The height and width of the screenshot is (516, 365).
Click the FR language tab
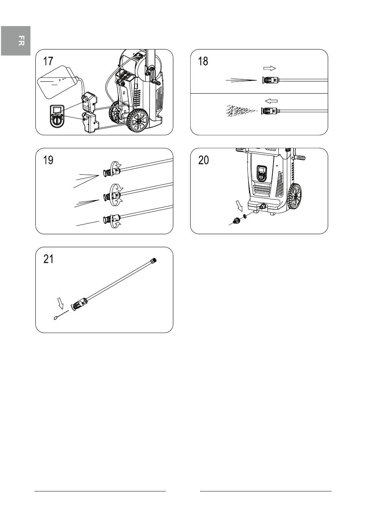click(16, 41)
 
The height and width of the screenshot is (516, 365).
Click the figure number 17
click(48, 61)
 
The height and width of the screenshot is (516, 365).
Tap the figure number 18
click(203, 61)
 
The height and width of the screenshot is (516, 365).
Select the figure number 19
click(48, 160)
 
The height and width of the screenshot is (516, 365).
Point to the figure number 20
click(203, 160)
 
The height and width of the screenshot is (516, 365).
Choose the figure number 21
click(48, 259)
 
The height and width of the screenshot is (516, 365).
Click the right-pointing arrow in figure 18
click(270, 68)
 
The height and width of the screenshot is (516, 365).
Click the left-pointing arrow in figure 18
click(271, 101)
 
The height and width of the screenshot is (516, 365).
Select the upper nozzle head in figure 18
click(270, 80)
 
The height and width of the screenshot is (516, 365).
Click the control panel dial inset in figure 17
click(57, 116)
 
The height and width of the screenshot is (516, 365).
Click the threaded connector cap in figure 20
click(236, 221)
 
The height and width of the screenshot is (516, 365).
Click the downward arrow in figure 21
click(61, 303)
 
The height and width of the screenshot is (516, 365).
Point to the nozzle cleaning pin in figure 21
click(61, 315)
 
